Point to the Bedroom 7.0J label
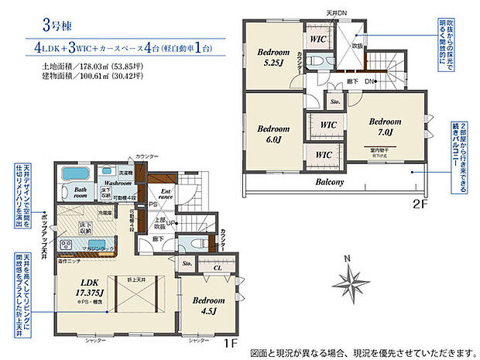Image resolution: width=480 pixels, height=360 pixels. click(385, 127)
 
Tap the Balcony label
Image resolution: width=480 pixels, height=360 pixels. click(331, 183)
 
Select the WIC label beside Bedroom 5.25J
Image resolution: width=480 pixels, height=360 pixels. click(318, 37)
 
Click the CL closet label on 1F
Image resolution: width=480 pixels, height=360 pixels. click(217, 269)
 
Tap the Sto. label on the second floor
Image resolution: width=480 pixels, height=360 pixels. click(336, 101)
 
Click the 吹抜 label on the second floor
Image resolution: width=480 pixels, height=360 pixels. click(357, 46)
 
